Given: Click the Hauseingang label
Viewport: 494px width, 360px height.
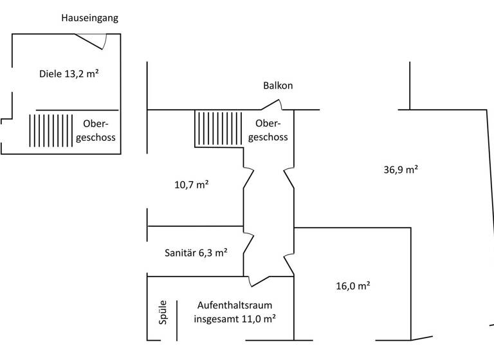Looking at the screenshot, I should pyautogui.click(x=89, y=18).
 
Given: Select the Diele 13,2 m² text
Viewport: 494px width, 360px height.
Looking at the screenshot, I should pyautogui.click(x=69, y=74).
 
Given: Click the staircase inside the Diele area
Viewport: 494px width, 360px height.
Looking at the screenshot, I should pyautogui.click(x=51, y=130).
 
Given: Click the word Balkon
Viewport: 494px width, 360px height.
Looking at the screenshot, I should pyautogui.click(x=278, y=85).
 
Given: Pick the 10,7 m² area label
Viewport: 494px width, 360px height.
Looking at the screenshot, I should pyautogui.click(x=191, y=184).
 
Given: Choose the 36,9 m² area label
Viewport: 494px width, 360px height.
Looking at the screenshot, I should pyautogui.click(x=401, y=170).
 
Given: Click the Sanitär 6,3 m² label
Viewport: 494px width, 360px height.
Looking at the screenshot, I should pyautogui.click(x=196, y=253).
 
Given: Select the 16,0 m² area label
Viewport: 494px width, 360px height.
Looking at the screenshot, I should pyautogui.click(x=352, y=286).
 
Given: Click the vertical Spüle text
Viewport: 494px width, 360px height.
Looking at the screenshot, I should pyautogui.click(x=163, y=312).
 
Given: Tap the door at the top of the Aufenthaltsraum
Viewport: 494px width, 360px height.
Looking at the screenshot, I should pyautogui.click(x=260, y=280).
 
